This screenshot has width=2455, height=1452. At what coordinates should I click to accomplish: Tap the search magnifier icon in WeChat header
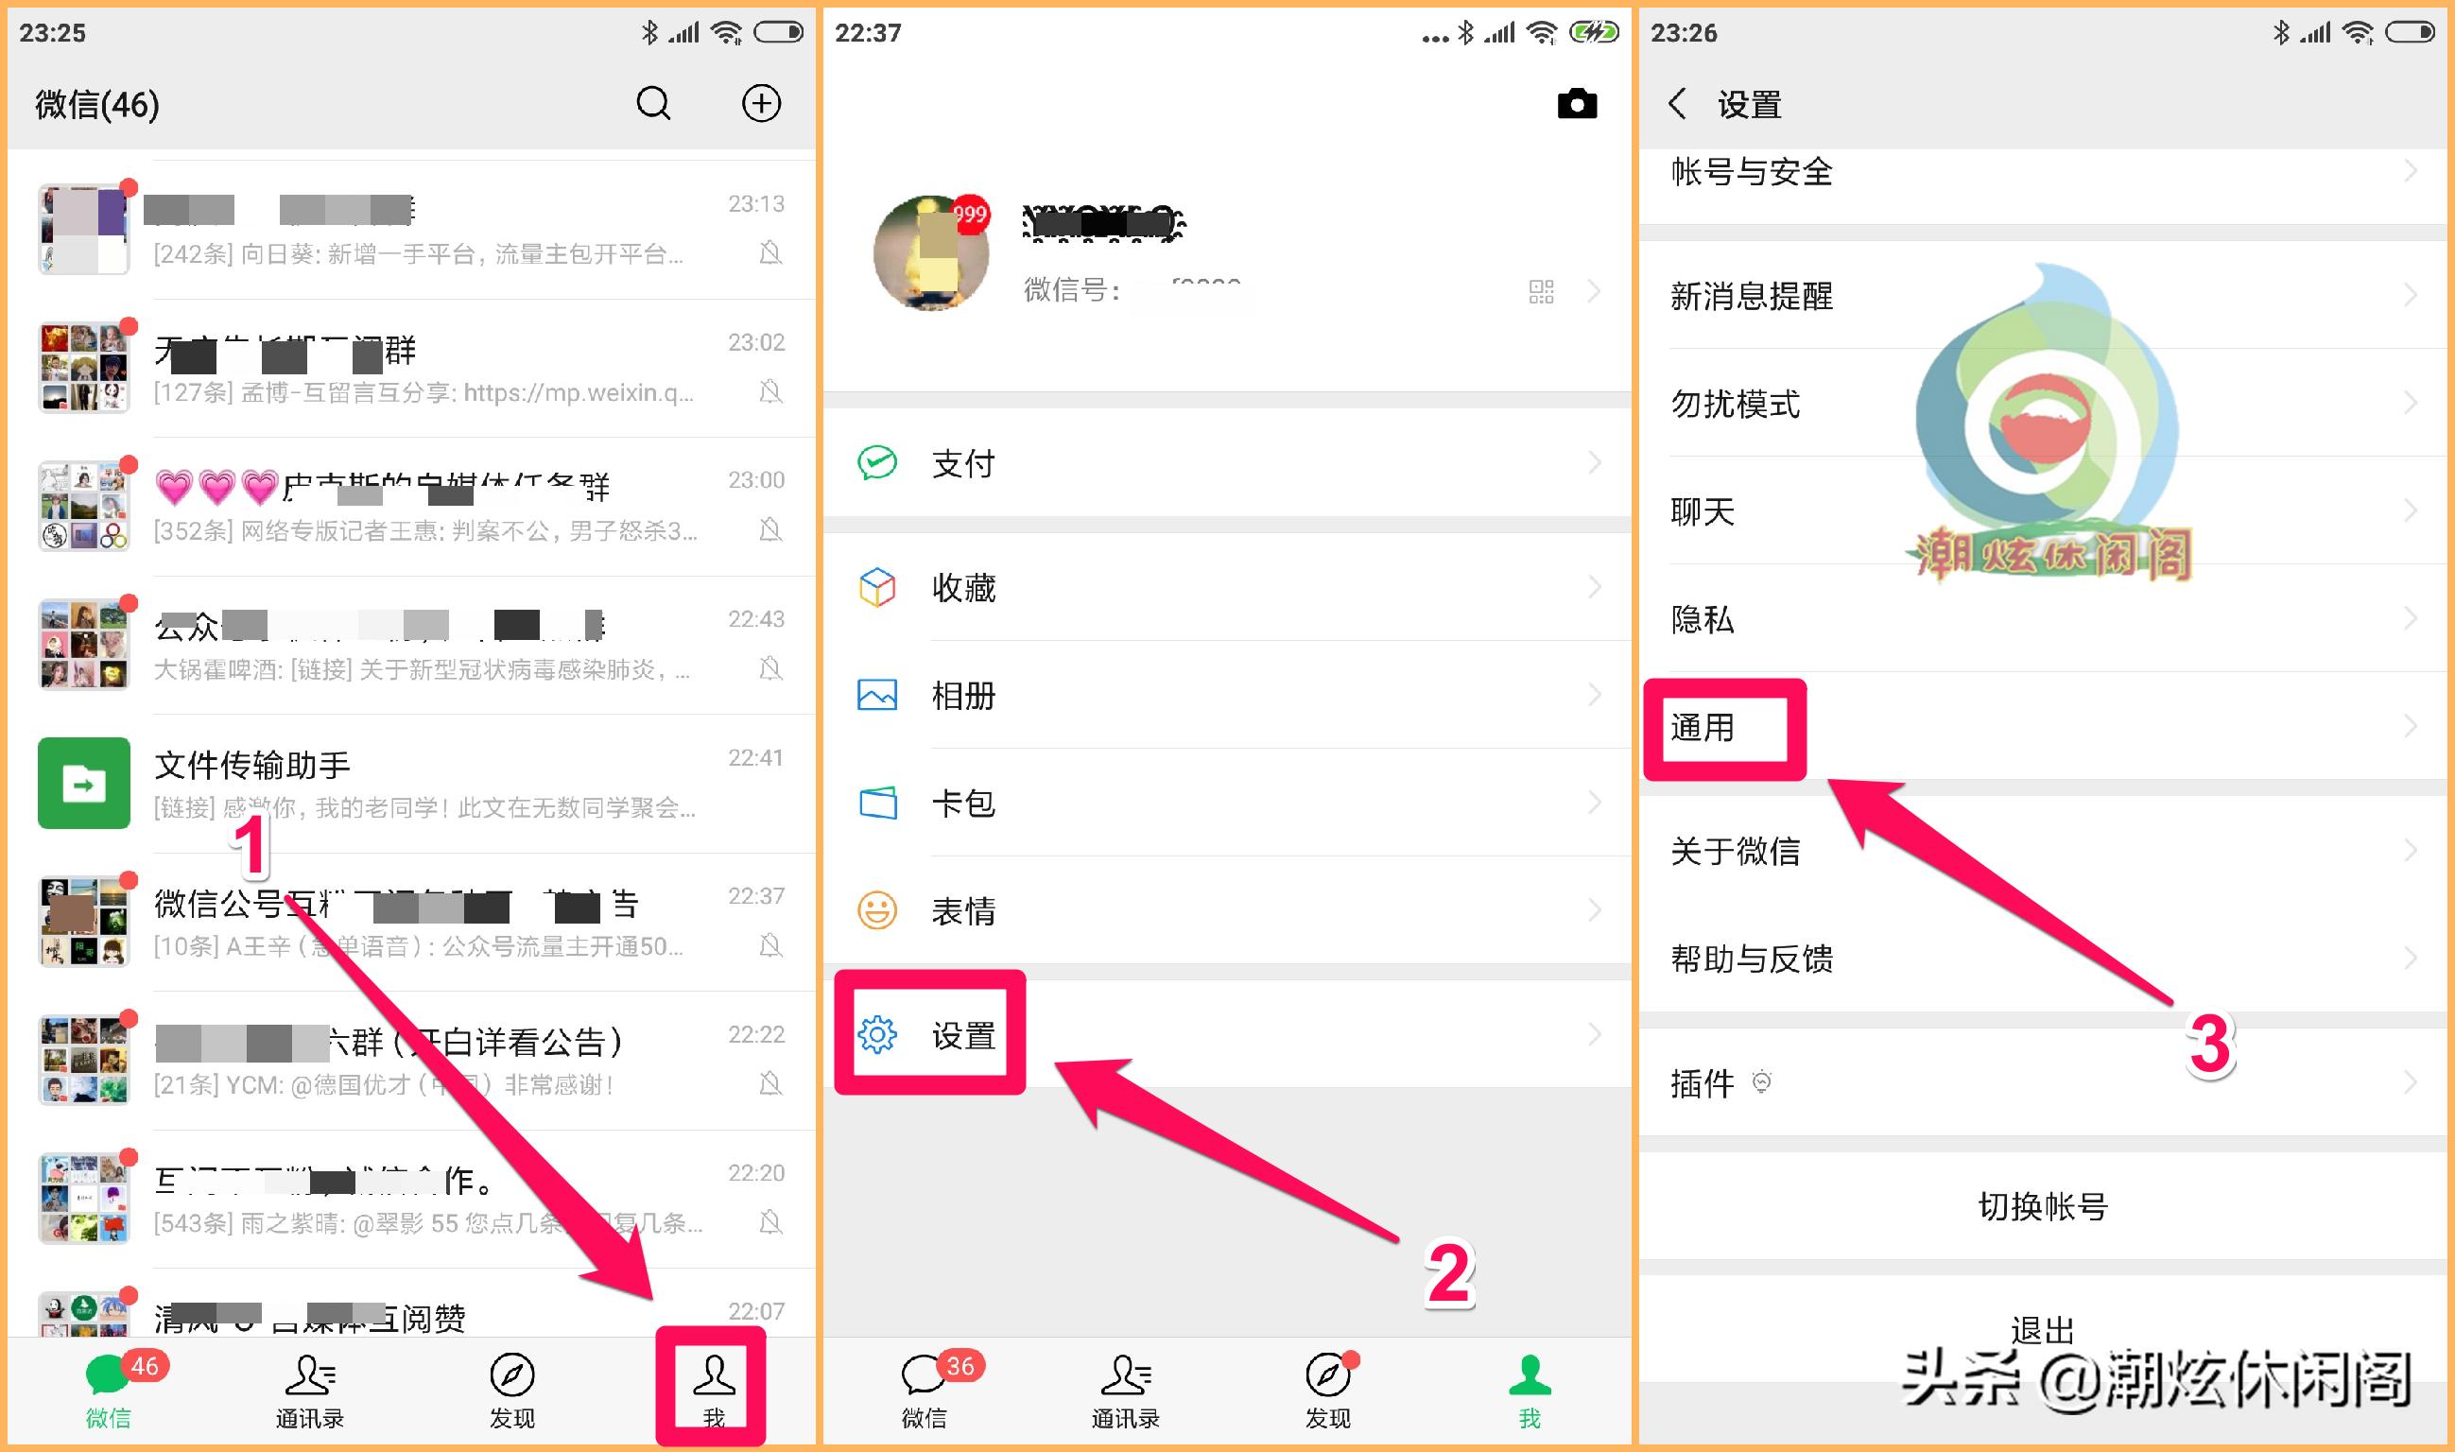coord(653,104)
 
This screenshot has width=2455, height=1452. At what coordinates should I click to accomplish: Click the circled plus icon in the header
coord(761,104)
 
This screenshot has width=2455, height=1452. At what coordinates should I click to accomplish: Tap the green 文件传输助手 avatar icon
coord(84,783)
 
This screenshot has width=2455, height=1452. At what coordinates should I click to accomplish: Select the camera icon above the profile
coord(1577,104)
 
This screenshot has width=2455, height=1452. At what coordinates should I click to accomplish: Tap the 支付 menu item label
coord(963,464)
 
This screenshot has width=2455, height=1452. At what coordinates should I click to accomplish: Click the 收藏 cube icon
coord(876,587)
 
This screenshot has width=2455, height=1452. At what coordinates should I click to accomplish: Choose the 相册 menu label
coord(963,696)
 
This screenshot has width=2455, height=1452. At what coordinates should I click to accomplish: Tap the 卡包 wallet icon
coord(876,804)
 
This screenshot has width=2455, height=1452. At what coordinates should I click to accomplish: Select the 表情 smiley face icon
coord(876,911)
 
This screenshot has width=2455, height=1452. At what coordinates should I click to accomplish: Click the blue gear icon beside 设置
coord(876,1034)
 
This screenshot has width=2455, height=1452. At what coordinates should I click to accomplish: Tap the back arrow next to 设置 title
coord(1677,104)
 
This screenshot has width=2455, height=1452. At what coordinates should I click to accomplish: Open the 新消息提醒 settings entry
coord(1752,296)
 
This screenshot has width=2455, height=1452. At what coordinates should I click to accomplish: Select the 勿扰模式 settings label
coord(1735,403)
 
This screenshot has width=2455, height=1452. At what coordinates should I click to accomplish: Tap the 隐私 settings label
coord(1703,618)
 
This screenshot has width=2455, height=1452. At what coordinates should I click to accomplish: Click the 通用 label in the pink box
coord(1703,728)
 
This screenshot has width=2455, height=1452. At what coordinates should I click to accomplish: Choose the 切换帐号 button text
coord(2042,1206)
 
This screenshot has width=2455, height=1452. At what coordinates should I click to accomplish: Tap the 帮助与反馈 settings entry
coord(1752,959)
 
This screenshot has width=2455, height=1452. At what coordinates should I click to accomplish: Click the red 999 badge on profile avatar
coord(970,215)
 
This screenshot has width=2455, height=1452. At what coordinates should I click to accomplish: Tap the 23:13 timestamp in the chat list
coord(755,203)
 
